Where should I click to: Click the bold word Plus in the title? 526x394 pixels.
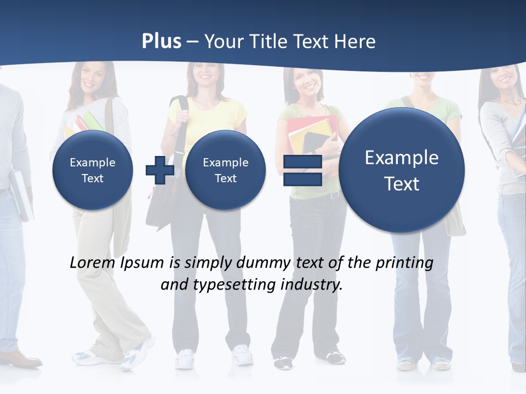pyautogui.click(x=162, y=42)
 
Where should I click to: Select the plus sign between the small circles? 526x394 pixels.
pyautogui.click(x=159, y=170)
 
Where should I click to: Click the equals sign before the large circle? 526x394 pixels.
pyautogui.click(x=302, y=170)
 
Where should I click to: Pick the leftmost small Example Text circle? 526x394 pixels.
pyautogui.click(x=93, y=170)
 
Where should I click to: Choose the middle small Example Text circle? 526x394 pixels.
pyautogui.click(x=225, y=170)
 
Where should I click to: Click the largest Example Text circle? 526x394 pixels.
pyautogui.click(x=402, y=170)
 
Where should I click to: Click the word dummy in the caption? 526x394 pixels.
pyautogui.click(x=264, y=263)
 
